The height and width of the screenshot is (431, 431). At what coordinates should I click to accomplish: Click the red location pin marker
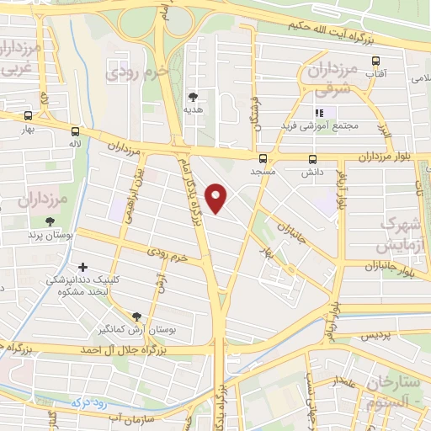point(218,200)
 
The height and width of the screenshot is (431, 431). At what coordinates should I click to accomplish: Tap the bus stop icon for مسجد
point(263,158)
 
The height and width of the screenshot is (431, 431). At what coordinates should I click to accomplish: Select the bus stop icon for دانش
point(313,158)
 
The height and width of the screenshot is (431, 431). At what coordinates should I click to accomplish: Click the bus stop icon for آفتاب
point(375,61)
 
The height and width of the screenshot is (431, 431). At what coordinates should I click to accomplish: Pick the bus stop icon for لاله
point(76,131)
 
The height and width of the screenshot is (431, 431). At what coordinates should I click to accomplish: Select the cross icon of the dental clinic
point(82,267)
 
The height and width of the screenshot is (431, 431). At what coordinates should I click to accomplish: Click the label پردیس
point(376,335)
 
